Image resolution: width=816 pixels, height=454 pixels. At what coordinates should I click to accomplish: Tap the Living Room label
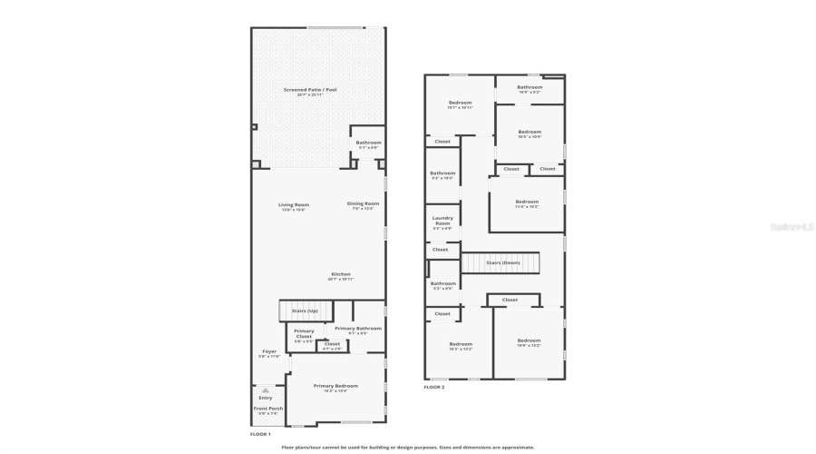293,206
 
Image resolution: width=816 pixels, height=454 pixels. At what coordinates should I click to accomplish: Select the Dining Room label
363,205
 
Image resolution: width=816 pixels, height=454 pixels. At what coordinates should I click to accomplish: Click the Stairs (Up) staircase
304,311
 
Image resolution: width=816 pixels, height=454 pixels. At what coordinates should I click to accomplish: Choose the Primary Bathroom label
357,330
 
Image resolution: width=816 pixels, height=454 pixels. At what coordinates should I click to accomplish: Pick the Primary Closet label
304,333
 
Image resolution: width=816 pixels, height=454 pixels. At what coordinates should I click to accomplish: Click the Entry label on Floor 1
265,397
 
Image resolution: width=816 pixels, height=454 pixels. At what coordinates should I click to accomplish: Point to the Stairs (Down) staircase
500,262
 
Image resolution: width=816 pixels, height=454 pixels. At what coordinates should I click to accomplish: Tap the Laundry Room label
442,222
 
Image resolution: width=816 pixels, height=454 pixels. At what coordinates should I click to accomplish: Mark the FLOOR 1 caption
260,434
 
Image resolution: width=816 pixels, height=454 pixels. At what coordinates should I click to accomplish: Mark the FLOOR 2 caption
434,388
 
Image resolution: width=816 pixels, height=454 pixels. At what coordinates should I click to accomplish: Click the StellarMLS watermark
792,227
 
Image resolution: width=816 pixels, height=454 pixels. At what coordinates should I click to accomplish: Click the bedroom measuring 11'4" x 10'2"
527,203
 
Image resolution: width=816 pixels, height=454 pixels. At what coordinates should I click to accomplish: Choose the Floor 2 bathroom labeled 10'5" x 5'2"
529,89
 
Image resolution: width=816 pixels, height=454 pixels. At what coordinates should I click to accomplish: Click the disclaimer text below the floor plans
408,447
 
